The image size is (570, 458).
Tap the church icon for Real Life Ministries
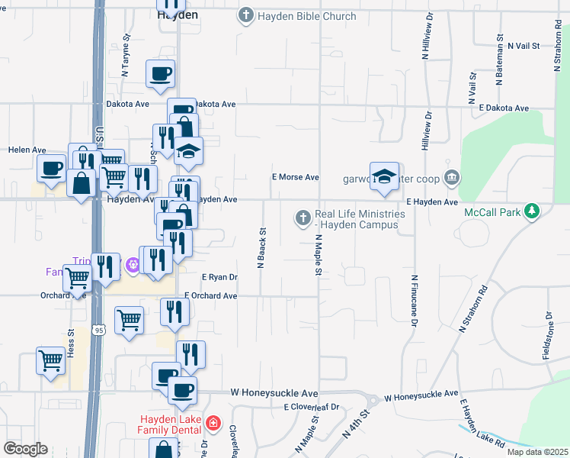[x=303, y=219]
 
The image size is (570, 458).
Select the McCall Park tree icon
[x=532, y=210]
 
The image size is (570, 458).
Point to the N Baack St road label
[x=261, y=247]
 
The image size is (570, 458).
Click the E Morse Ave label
[x=296, y=177]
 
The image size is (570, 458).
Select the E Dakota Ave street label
[x=504, y=108]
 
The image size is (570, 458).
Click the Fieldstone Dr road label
[x=549, y=336]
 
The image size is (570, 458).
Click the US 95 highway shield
[x=98, y=330]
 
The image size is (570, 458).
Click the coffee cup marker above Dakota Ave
[x=161, y=74]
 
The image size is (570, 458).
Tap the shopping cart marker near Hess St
[x=50, y=359]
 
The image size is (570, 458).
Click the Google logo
[x=25, y=449]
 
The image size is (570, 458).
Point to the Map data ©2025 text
[x=537, y=452]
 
